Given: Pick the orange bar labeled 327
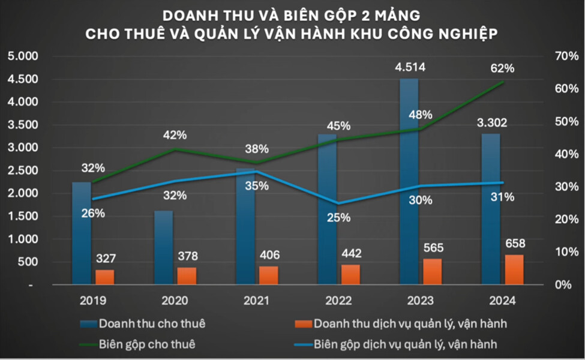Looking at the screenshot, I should pos(104,277).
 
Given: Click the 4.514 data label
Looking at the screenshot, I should pos(410,67).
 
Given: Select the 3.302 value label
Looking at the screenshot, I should pos(491,123).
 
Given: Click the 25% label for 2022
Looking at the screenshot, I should pos(338,217).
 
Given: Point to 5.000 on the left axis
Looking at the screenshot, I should pos(22,56).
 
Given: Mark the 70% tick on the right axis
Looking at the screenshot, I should pos(565,56).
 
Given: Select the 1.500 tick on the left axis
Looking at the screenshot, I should pos(22,216).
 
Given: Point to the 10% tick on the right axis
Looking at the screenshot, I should pos(565,252).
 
